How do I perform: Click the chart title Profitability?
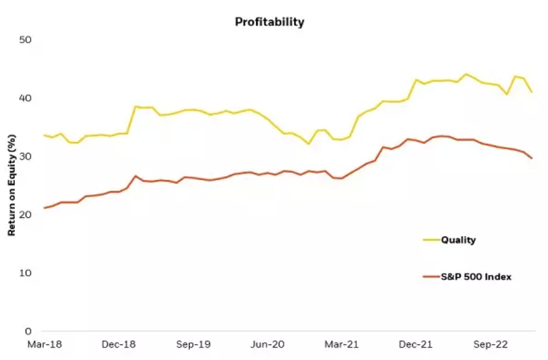point(270,22)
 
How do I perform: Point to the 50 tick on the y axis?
point(25,40)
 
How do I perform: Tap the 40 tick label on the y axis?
point(25,98)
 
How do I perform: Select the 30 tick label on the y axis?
point(25,156)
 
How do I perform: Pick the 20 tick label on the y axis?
point(25,214)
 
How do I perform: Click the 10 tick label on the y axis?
point(25,273)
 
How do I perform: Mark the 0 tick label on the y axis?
point(28,331)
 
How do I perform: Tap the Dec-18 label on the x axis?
point(118,345)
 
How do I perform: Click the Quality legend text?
point(458,240)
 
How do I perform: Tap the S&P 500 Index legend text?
point(476,277)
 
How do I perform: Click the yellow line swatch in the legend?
point(431,240)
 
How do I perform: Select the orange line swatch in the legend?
point(431,277)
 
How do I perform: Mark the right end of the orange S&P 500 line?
point(531,158)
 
